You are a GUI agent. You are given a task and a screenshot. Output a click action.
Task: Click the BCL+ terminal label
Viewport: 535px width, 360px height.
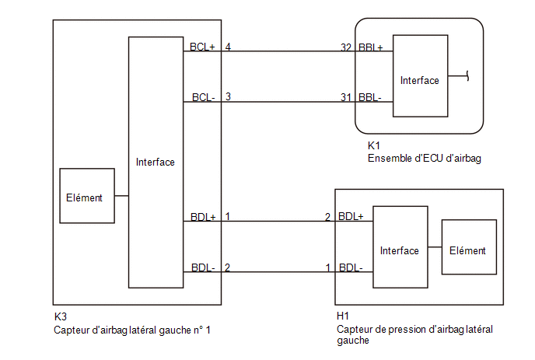(202, 47)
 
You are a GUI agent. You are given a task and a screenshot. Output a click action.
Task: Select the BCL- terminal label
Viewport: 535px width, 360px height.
(204, 98)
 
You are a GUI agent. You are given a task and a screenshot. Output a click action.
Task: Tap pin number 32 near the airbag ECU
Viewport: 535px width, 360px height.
(346, 47)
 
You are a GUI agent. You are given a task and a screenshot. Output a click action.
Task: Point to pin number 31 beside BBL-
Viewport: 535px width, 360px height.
(345, 98)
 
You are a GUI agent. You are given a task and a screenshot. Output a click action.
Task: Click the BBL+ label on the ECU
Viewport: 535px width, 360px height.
(371, 47)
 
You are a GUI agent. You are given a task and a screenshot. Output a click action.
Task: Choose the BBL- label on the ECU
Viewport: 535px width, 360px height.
(370, 98)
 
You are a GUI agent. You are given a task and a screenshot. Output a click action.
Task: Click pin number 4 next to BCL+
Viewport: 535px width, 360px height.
(228, 47)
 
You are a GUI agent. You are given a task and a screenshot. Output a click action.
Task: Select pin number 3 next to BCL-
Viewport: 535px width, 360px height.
(228, 97)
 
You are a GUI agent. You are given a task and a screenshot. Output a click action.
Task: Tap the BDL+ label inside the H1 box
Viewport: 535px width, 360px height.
(351, 216)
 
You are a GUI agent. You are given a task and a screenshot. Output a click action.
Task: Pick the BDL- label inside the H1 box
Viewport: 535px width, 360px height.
(351, 267)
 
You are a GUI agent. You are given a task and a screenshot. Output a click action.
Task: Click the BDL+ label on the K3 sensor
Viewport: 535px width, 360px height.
(203, 217)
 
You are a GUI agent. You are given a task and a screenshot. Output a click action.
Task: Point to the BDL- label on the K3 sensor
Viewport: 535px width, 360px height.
(203, 267)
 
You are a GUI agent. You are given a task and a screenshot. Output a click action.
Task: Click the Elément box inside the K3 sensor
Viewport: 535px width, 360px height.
(87, 196)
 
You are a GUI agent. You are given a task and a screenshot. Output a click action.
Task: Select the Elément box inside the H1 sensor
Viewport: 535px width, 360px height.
(469, 247)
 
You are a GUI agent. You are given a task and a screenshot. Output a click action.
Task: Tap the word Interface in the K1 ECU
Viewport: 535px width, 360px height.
(420, 81)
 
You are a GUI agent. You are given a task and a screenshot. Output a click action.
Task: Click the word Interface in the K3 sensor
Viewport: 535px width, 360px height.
(156, 162)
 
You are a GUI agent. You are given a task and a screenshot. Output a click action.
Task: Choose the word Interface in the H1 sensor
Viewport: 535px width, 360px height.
(400, 251)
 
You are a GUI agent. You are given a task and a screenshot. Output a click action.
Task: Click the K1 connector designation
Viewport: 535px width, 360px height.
(373, 145)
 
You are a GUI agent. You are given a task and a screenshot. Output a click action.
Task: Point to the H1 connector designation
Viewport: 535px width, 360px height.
(343, 316)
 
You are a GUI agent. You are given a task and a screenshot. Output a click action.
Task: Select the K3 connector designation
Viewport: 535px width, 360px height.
(61, 316)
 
